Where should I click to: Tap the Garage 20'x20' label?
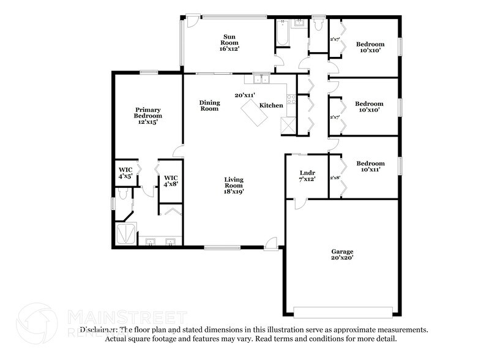343,255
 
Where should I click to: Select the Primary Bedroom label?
148,116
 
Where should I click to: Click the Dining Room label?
209,106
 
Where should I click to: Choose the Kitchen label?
271,105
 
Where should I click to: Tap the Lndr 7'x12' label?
307,175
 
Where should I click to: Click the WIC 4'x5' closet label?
125,172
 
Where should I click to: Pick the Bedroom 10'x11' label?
370,167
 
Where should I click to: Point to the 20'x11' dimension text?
245,95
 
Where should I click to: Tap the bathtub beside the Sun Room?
282,34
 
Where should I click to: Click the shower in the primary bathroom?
128,233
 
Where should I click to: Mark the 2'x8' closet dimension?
335,178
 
